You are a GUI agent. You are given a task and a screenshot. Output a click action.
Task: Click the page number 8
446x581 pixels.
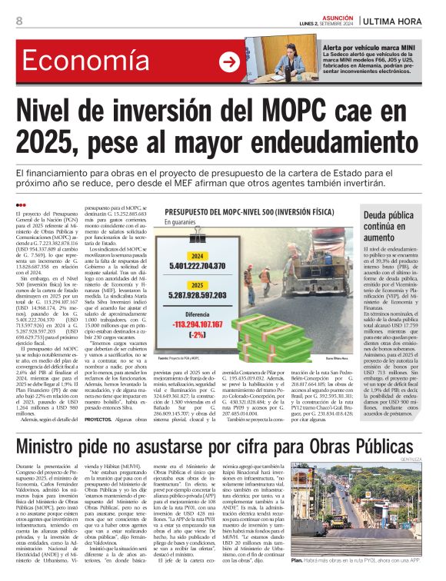pos(18,22)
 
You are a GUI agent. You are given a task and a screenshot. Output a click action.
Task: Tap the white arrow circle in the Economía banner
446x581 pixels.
pos(229,62)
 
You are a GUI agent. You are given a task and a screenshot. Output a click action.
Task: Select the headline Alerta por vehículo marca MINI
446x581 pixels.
pos(378,48)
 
